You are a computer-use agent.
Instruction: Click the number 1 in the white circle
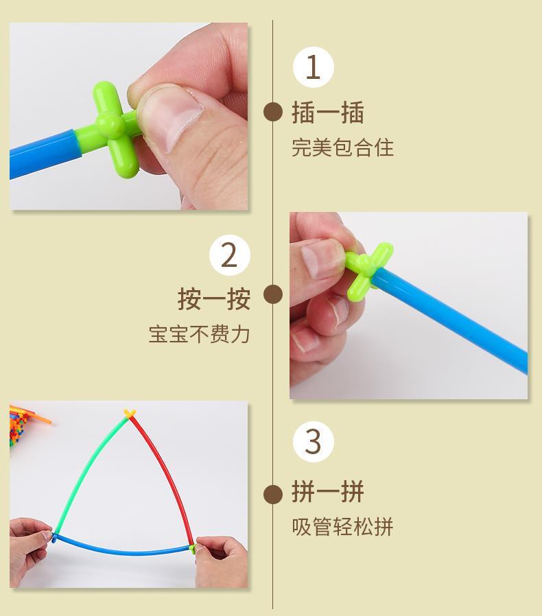[313, 67]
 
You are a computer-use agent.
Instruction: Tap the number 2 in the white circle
[230, 255]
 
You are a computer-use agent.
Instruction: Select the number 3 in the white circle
[314, 442]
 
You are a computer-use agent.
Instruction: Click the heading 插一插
[328, 112]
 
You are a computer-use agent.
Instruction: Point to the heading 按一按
[214, 298]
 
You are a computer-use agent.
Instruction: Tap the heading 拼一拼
[328, 491]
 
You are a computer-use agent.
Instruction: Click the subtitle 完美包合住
[342, 147]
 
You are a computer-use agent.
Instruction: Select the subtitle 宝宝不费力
[199, 334]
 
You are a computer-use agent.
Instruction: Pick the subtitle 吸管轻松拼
[342, 526]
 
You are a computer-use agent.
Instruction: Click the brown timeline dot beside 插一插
[273, 112]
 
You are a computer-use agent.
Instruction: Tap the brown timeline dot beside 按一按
[273, 294]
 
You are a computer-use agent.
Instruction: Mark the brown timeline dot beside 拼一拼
[273, 494]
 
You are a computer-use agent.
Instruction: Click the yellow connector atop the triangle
[129, 413]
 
